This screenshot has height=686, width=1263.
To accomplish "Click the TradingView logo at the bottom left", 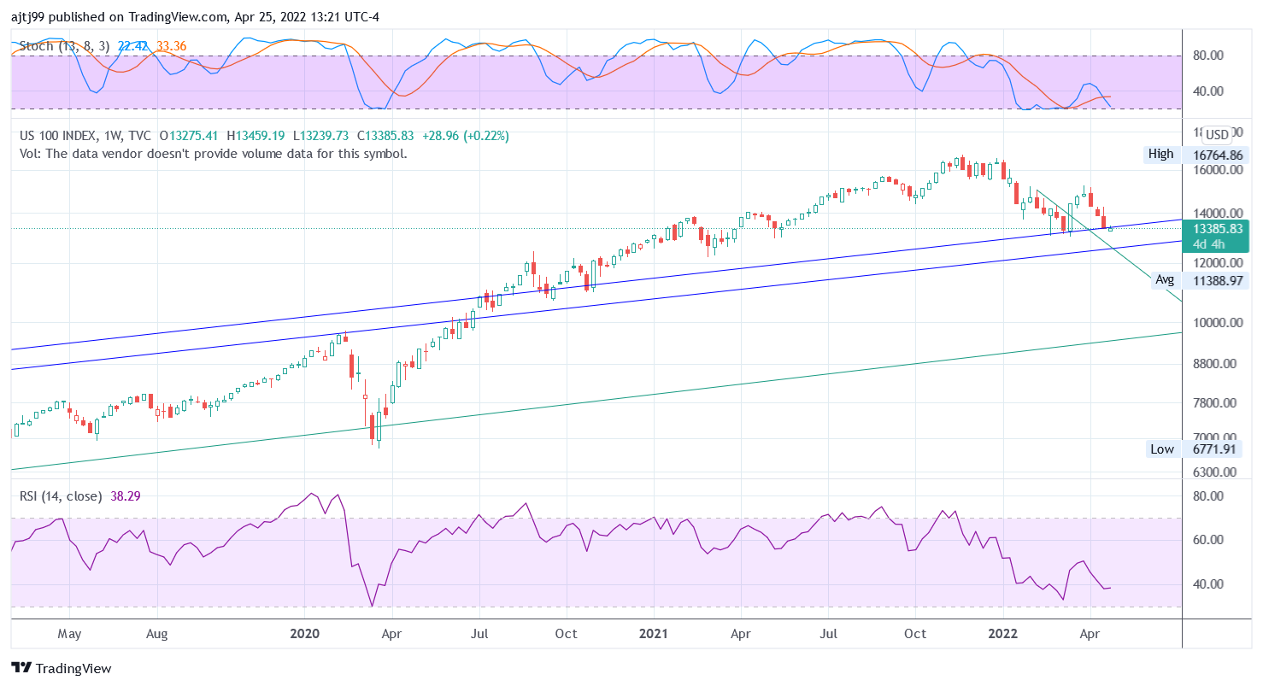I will [x=62, y=668].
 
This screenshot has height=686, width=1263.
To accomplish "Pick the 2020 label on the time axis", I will [x=304, y=634].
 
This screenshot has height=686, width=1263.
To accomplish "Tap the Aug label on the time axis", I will [x=156, y=634].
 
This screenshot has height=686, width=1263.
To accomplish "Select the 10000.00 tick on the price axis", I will [x=1216, y=323].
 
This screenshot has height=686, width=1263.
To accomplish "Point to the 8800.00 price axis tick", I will [x=1216, y=364].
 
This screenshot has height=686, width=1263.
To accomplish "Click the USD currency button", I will [x=1217, y=135].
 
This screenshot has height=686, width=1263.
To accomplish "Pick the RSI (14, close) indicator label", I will [x=61, y=495].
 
